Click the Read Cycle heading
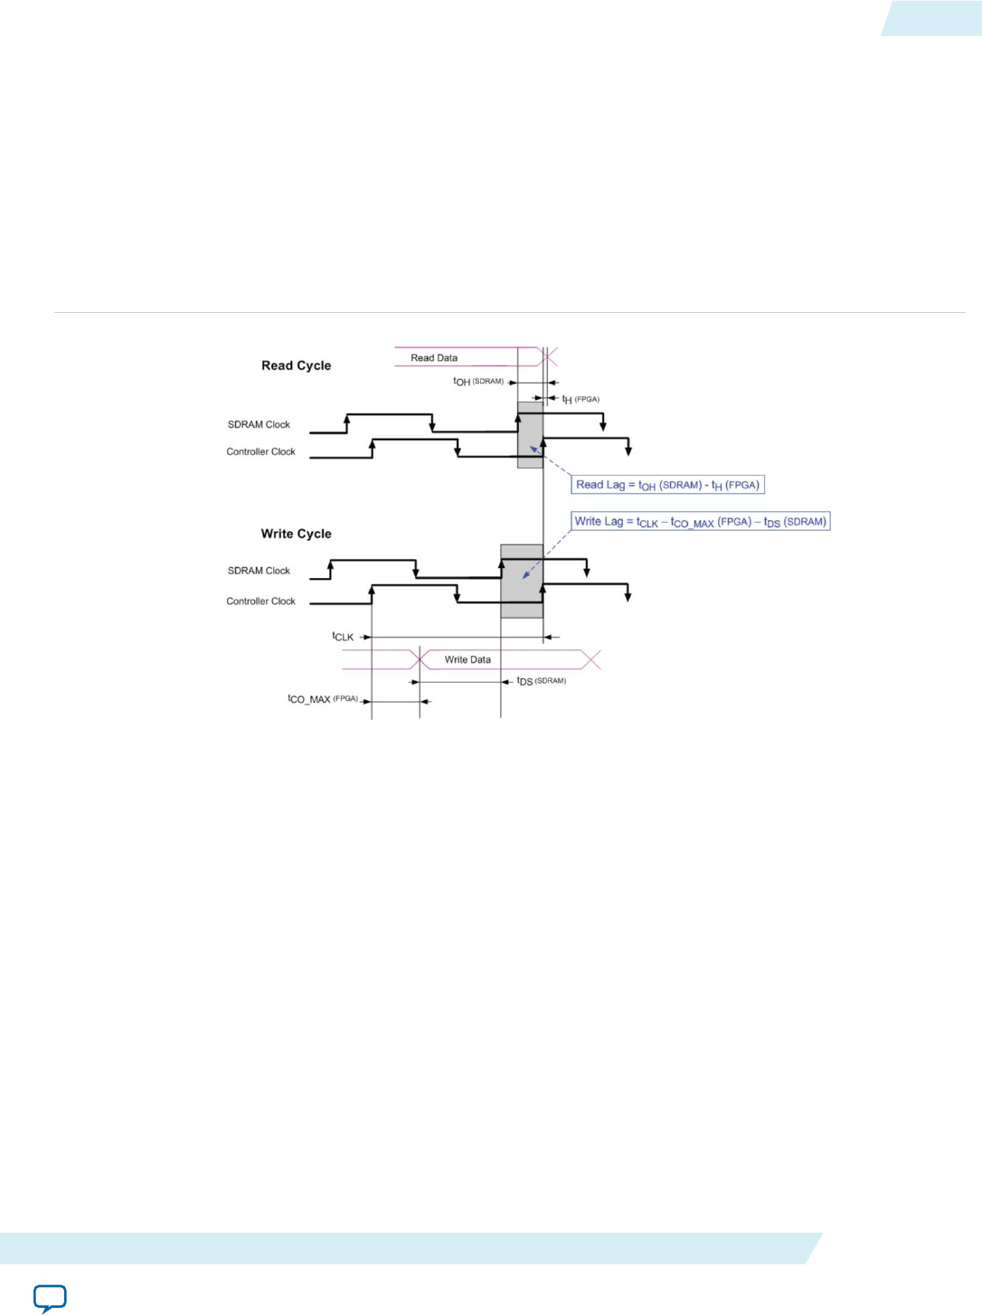tap(296, 365)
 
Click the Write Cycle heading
tap(296, 534)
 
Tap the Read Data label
tap(434, 358)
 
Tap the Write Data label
tap(467, 659)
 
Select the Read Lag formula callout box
tap(667, 485)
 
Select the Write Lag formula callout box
tap(701, 522)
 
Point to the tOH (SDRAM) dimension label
tap(478, 382)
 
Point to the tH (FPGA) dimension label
tap(581, 399)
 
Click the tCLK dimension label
tap(343, 637)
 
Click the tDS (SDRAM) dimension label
tap(541, 681)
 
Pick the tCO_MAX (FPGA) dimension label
tap(323, 699)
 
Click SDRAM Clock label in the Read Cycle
tap(259, 424)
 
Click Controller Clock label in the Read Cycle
tap(260, 451)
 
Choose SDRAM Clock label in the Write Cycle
tap(259, 571)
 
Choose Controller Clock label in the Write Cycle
tap(260, 601)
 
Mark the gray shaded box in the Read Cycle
tap(530, 435)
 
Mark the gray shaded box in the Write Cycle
tap(522, 582)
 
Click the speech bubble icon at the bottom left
tap(50, 1297)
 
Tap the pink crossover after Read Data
tap(548, 357)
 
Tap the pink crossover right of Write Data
tap(590, 659)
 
